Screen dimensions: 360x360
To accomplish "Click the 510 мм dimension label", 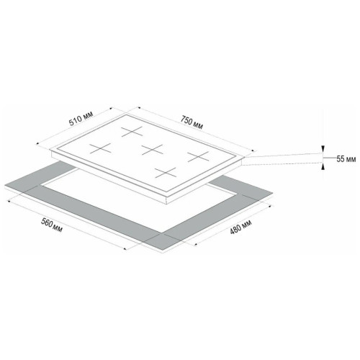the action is coord(81,119).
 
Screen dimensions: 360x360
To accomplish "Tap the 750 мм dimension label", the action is coord(192,122).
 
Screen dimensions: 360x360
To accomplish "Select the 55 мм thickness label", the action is coord(346,159).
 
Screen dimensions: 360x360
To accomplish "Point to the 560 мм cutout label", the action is coord(51,225).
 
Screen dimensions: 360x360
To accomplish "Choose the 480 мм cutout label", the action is coord(240,227).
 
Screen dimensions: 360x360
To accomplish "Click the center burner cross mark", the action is coord(152,150).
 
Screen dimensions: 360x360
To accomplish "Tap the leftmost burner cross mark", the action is coord(101,148).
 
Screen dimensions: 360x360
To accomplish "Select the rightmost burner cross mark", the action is coord(198,157).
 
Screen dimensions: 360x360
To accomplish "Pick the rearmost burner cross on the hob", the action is coord(132,132).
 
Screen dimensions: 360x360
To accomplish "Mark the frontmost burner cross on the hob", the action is coord(166,173).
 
